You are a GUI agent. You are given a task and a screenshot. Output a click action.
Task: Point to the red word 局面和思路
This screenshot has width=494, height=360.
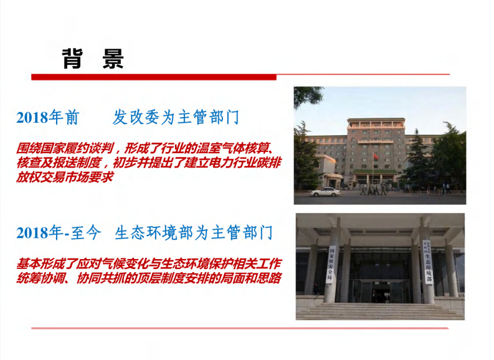click(249, 278)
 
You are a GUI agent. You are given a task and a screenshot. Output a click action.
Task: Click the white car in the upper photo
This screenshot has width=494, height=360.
click(325, 192)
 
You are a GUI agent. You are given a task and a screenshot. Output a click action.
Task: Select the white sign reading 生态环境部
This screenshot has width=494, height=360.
click(428, 261)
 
